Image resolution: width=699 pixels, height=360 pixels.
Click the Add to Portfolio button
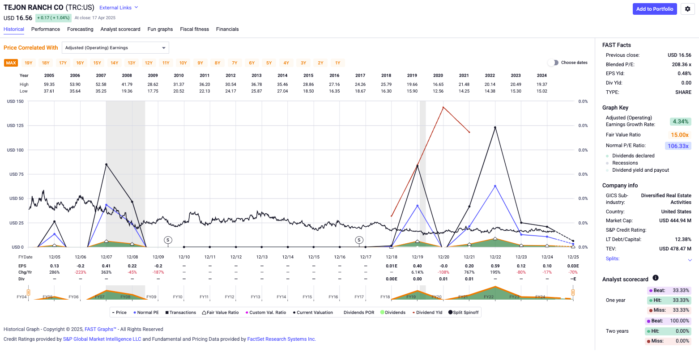click(x=654, y=9)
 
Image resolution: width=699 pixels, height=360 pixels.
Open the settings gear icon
click(x=687, y=9)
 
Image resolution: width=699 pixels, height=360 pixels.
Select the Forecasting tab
click(x=80, y=29)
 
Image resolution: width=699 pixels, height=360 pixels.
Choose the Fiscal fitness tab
click(x=194, y=29)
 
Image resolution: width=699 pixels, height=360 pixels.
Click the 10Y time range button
click(x=183, y=63)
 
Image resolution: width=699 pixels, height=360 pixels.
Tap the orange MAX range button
click(x=11, y=63)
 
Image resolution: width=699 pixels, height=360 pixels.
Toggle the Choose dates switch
click(x=553, y=63)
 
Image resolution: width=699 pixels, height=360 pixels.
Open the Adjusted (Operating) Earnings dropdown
click(x=115, y=48)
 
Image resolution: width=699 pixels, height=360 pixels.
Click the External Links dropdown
click(x=119, y=8)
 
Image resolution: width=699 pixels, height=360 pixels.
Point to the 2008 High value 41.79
click(x=127, y=84)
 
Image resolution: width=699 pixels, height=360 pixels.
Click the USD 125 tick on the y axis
click(x=15, y=126)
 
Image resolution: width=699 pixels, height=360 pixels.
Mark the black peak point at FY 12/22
click(x=495, y=127)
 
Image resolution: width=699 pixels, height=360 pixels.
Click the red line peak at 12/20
click(x=443, y=107)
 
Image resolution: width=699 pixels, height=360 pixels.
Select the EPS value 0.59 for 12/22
click(x=495, y=266)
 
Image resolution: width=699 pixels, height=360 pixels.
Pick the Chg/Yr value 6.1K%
click(x=417, y=272)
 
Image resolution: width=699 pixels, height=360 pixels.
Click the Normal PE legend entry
click(x=146, y=313)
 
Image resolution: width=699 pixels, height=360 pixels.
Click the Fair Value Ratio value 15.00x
click(x=679, y=135)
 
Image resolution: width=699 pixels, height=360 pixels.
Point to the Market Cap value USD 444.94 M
click(x=675, y=220)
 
